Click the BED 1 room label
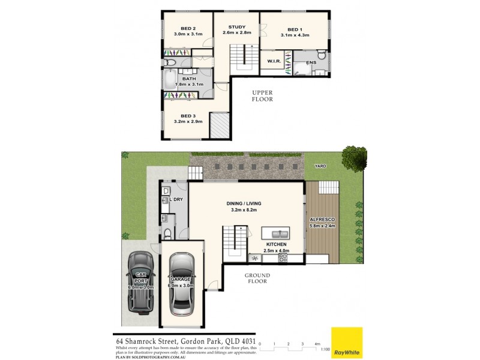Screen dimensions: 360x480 coord(294,29)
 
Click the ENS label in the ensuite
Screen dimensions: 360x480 coord(311,62)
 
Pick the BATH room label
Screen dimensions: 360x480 coord(189,79)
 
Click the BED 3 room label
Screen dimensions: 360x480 coord(188,116)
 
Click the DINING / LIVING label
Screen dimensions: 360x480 coord(244,203)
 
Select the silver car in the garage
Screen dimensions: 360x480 coord(181,284)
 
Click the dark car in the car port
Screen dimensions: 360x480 coord(141,283)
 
